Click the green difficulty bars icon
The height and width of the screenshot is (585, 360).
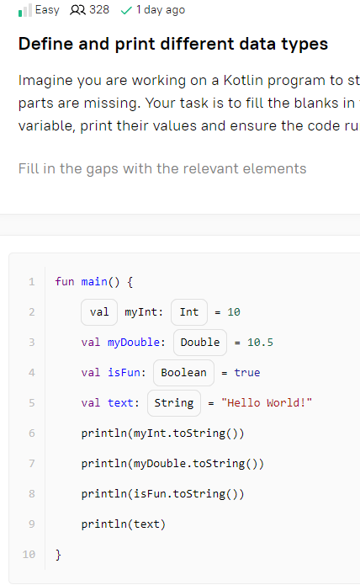pos(25,10)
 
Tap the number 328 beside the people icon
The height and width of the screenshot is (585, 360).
pos(99,10)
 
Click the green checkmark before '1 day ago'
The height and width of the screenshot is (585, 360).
pos(126,10)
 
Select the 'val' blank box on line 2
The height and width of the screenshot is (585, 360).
pos(99,312)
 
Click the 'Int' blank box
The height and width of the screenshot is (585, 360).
pos(189,312)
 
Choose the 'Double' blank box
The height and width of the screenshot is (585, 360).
pos(200,342)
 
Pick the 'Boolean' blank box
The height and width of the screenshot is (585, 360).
pos(183,372)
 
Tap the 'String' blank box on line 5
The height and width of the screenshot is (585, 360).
pos(174,403)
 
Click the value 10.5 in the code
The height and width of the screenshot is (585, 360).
pos(260,342)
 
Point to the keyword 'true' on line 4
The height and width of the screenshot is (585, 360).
pos(247,372)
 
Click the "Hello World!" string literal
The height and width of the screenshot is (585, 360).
pos(267,403)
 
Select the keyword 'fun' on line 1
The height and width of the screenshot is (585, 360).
pos(65,281)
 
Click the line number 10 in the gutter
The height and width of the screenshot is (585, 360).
pos(29,555)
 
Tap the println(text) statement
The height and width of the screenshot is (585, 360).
pos(124,524)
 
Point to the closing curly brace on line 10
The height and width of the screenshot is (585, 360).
pos(58,555)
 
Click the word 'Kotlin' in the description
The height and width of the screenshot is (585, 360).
pos(243,81)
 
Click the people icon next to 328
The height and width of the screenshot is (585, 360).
pos(77,10)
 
